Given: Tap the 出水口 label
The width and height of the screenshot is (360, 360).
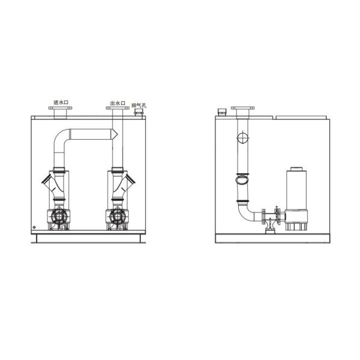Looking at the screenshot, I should [117, 103].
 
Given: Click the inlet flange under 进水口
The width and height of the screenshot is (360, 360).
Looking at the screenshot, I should [59, 110].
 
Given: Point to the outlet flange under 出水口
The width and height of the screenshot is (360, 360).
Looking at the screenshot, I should [116, 110].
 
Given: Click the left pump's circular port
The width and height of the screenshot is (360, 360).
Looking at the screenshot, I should [59, 217].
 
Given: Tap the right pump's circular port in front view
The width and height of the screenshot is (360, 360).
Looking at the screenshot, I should [116, 217].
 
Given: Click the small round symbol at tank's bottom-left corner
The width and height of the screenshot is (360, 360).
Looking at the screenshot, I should [34, 227].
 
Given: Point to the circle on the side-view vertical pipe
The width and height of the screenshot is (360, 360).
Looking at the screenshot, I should [242, 139].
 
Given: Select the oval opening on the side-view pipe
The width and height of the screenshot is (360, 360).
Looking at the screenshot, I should [242, 179].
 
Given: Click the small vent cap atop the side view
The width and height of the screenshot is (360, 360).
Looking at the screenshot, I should [221, 112].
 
